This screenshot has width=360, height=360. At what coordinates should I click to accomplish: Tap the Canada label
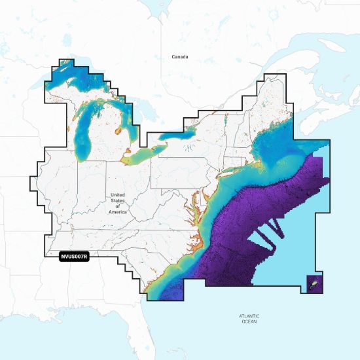180,57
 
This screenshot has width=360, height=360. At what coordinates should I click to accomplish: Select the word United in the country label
117,195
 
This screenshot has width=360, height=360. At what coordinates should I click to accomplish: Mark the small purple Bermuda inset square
314,283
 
